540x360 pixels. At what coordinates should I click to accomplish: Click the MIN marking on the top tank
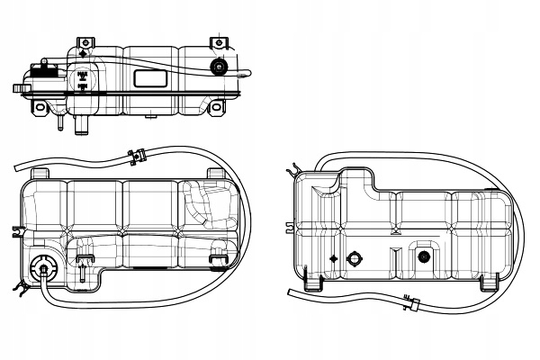pyautogui.click(x=83, y=87)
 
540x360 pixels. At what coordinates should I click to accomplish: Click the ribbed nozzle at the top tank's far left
pyautogui.click(x=18, y=88)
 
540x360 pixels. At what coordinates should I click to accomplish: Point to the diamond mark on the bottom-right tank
pyautogui.click(x=334, y=258)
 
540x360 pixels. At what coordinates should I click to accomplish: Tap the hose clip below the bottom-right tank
pyautogui.click(x=413, y=303)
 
